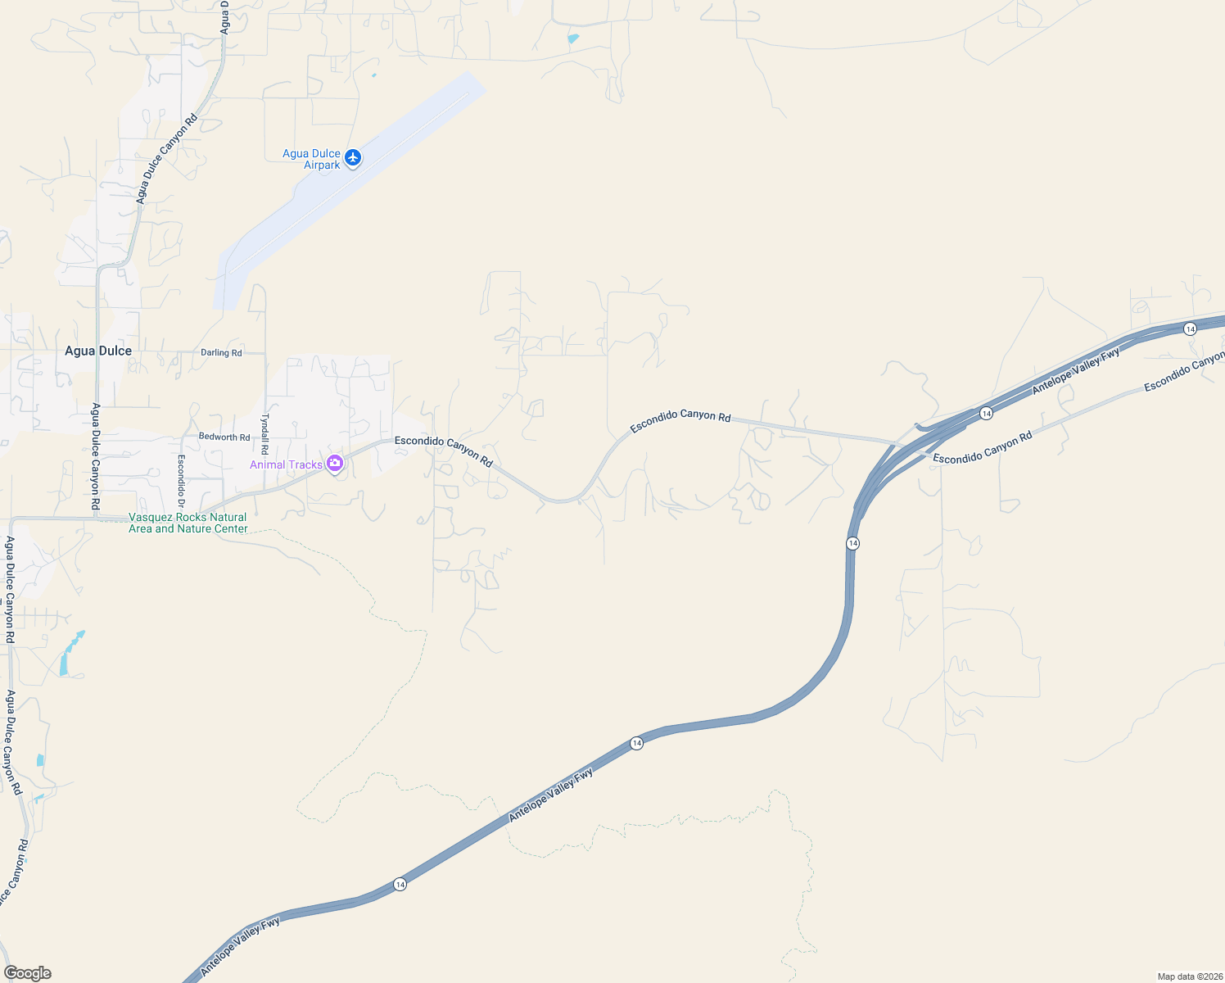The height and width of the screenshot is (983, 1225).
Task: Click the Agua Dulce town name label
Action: (98, 351)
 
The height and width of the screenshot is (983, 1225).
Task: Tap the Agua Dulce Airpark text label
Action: (311, 159)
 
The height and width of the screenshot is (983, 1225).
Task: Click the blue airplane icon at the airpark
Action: (353, 157)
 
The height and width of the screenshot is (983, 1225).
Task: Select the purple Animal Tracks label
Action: (286, 464)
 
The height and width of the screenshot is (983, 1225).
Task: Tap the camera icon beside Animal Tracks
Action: (334, 464)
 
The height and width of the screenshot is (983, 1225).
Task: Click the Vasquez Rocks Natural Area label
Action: (188, 523)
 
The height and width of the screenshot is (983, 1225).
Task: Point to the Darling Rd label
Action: (221, 353)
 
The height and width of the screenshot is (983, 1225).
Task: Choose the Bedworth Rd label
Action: (224, 437)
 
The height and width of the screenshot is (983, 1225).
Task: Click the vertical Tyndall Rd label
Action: (264, 433)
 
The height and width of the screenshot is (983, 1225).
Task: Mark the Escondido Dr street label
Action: (181, 481)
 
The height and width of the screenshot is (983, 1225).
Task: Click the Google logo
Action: (28, 973)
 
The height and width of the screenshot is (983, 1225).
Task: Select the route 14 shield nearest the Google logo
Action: (400, 884)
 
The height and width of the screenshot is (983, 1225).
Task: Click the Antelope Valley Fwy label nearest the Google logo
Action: (240, 945)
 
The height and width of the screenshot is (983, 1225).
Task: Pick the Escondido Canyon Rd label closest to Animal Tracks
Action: (444, 451)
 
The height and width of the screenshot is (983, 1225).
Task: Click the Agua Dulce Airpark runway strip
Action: (344, 188)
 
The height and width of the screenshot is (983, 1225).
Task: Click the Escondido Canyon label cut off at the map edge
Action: (1184, 371)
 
